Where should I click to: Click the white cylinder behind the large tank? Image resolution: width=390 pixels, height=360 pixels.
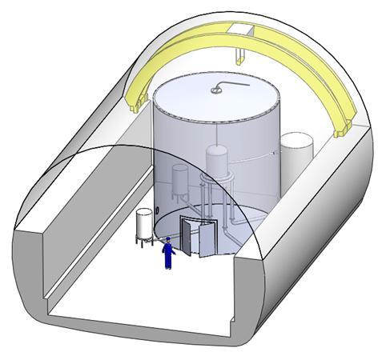coord(297,155)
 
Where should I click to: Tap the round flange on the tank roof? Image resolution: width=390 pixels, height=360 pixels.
coord(216,90)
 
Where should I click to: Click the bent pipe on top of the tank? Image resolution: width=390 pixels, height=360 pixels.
coord(232,83)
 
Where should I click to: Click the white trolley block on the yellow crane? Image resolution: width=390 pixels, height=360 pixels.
coord(241,29)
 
